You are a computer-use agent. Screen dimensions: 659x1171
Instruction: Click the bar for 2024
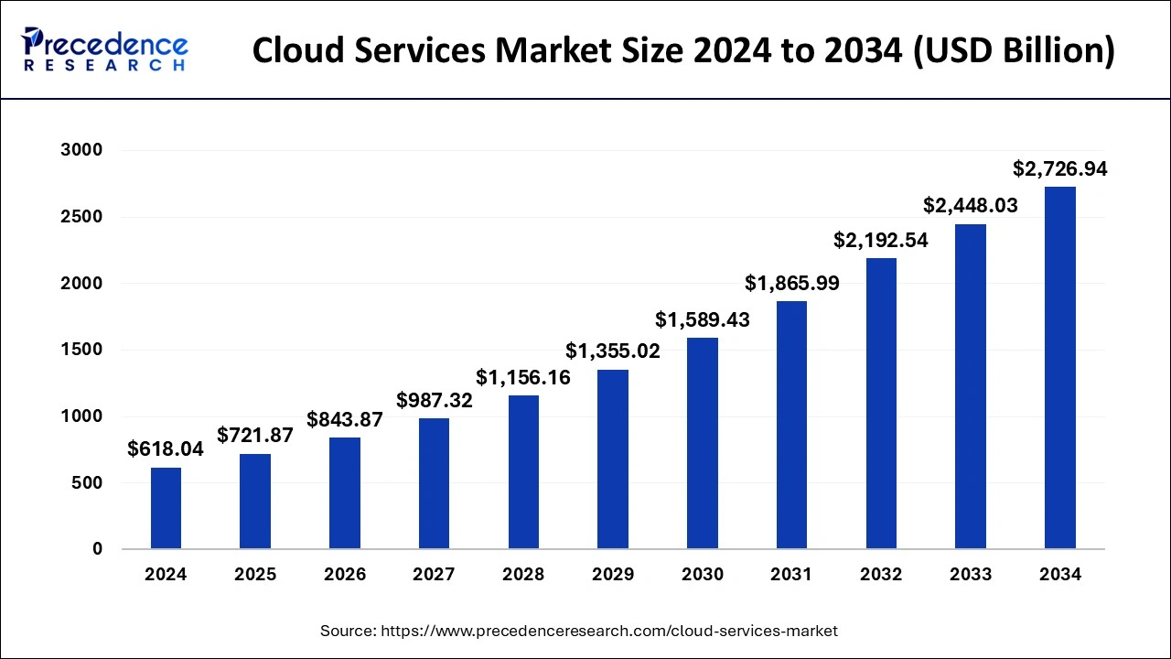click(166, 508)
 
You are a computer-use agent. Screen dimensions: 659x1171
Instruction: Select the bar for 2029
click(613, 459)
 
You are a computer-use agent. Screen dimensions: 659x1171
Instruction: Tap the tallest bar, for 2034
click(1059, 368)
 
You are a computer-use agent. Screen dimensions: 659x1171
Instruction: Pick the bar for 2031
click(791, 425)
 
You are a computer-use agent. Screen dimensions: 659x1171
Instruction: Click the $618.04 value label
click(166, 448)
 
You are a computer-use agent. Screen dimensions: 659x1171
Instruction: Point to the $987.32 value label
click(435, 400)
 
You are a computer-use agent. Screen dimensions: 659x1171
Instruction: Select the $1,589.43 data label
click(703, 320)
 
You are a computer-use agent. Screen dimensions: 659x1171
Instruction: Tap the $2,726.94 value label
click(1059, 168)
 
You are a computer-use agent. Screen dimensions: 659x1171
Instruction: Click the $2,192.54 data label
click(880, 240)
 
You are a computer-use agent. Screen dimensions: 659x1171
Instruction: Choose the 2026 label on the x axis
click(345, 575)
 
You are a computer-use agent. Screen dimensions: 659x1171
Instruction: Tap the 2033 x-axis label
click(971, 575)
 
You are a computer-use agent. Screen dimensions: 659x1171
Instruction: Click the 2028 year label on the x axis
click(523, 575)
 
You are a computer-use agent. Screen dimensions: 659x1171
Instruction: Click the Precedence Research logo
click(105, 49)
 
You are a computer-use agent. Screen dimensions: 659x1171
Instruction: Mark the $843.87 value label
click(345, 419)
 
